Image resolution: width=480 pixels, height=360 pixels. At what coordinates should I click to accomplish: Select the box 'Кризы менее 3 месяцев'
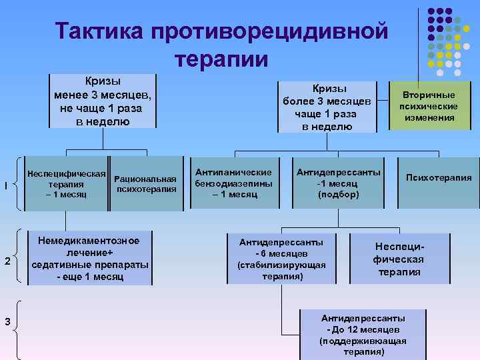click(103, 101)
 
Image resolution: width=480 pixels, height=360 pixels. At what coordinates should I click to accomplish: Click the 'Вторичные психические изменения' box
click(428, 107)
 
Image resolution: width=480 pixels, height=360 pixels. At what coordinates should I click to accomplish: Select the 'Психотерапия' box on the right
click(439, 178)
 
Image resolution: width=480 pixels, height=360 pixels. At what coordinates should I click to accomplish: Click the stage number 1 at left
click(6, 185)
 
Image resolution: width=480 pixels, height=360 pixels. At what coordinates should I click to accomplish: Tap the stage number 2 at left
click(7, 260)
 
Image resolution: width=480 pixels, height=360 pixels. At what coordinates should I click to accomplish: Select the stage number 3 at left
click(7, 323)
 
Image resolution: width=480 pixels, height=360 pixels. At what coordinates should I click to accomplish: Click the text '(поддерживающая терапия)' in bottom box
click(363, 346)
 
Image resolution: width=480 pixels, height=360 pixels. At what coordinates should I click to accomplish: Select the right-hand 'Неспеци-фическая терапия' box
click(399, 259)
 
